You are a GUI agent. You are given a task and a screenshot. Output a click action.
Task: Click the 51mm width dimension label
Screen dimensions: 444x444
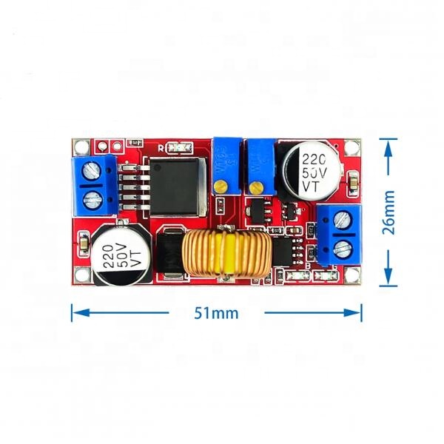(216, 312)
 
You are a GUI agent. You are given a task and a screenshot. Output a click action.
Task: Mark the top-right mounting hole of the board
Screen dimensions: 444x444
(355, 144)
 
